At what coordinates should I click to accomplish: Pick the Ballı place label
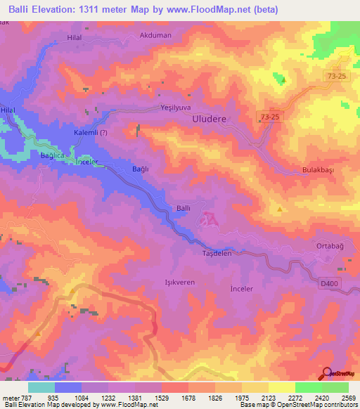[x=183, y=208]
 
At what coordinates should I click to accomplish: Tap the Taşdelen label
[x=217, y=253]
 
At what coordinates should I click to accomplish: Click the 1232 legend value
[x=97, y=397]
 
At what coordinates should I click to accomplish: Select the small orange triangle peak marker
[x=281, y=209]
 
